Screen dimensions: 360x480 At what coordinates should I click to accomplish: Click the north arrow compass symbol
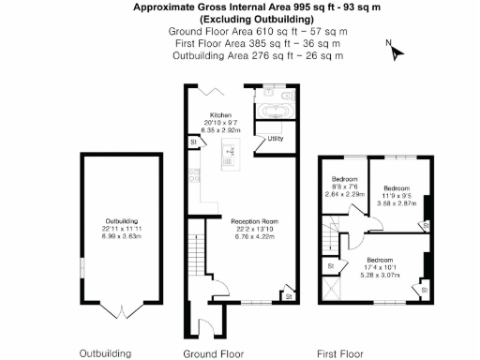tap(395, 51)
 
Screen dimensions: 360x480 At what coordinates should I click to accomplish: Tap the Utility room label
tap(276, 139)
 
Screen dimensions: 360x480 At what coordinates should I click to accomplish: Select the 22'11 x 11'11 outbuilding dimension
tap(118, 230)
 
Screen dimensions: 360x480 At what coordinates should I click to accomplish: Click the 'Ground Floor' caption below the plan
tap(213, 353)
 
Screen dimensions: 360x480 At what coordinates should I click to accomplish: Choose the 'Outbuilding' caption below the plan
tap(105, 353)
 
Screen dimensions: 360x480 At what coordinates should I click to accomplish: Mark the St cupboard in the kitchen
tap(193, 142)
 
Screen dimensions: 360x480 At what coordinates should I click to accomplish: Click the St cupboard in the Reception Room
tap(287, 296)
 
